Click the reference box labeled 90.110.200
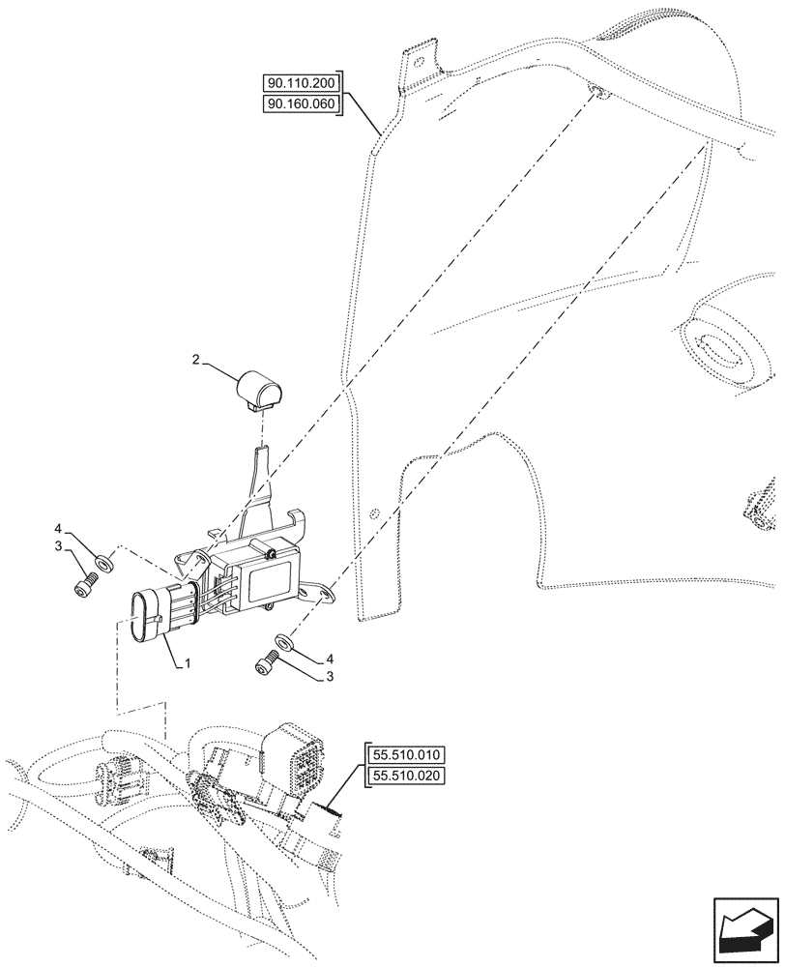(x=302, y=84)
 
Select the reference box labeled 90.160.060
(x=302, y=103)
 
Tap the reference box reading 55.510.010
(x=407, y=754)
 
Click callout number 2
(x=196, y=361)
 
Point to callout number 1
(x=188, y=664)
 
